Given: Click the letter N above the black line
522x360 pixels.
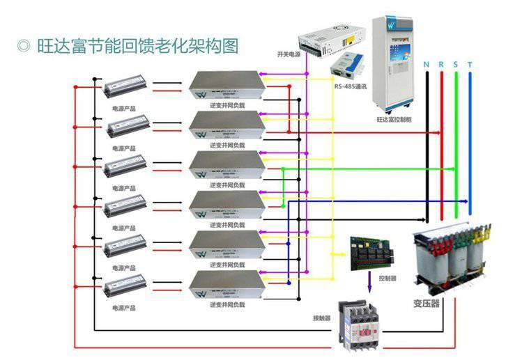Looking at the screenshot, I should click(x=426, y=65).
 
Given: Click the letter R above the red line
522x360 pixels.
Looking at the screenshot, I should click(x=441, y=65).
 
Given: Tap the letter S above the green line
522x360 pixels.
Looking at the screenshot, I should click(x=456, y=65).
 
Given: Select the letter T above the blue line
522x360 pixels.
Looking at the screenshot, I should click(x=470, y=65).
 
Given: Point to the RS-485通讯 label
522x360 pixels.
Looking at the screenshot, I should click(x=350, y=87).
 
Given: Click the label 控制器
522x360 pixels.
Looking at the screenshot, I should click(x=387, y=278).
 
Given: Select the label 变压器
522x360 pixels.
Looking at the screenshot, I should click(x=427, y=304).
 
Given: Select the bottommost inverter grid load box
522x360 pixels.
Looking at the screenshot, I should click(x=227, y=282).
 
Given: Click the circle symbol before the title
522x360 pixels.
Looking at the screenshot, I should click(x=23, y=46).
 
